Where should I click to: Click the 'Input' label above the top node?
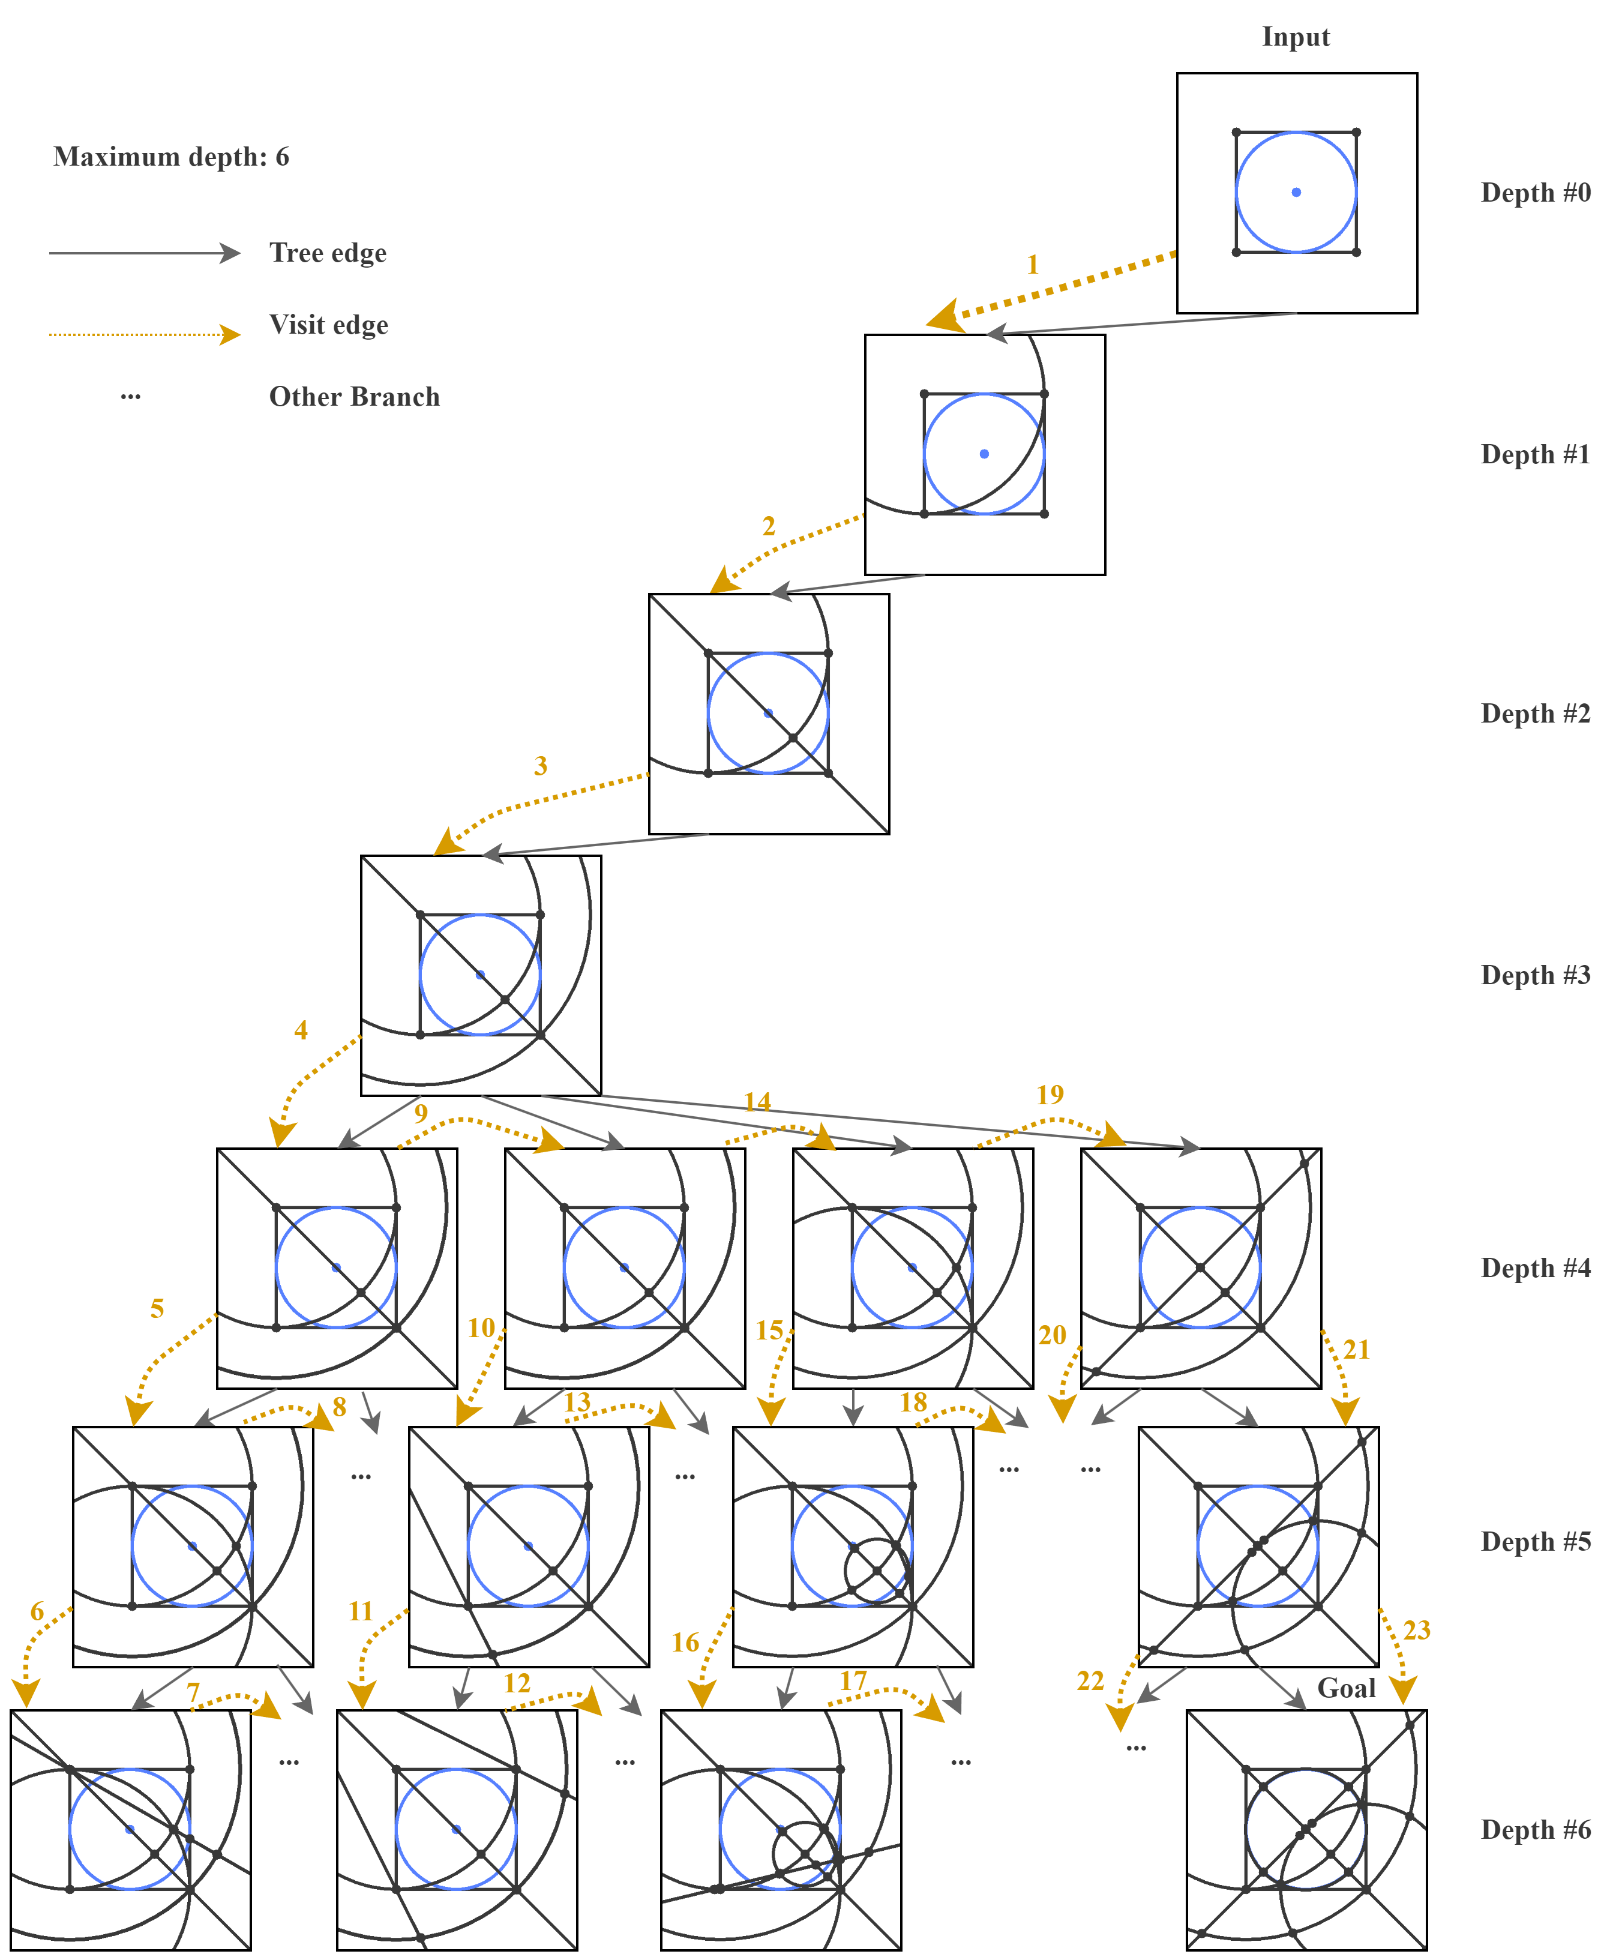click(x=1295, y=37)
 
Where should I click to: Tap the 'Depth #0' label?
click(x=1535, y=193)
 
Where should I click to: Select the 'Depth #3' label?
click(x=1535, y=976)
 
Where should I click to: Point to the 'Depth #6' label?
click(x=1535, y=1830)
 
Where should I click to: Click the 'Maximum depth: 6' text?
click(x=171, y=157)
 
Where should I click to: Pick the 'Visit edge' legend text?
click(x=329, y=325)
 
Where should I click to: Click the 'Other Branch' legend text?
click(x=354, y=397)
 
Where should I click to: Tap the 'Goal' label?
click(x=1345, y=1688)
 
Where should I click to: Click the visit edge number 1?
click(x=1032, y=265)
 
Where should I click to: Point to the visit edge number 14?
click(x=757, y=1102)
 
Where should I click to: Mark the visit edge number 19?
click(x=1050, y=1095)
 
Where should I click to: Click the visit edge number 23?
click(x=1416, y=1630)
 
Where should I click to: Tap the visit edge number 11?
click(x=361, y=1611)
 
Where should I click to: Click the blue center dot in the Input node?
click(x=1296, y=192)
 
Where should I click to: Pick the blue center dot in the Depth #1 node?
click(x=984, y=454)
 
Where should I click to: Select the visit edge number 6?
click(x=37, y=1611)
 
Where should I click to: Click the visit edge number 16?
click(x=685, y=1643)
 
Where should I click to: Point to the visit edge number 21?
click(x=1357, y=1349)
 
